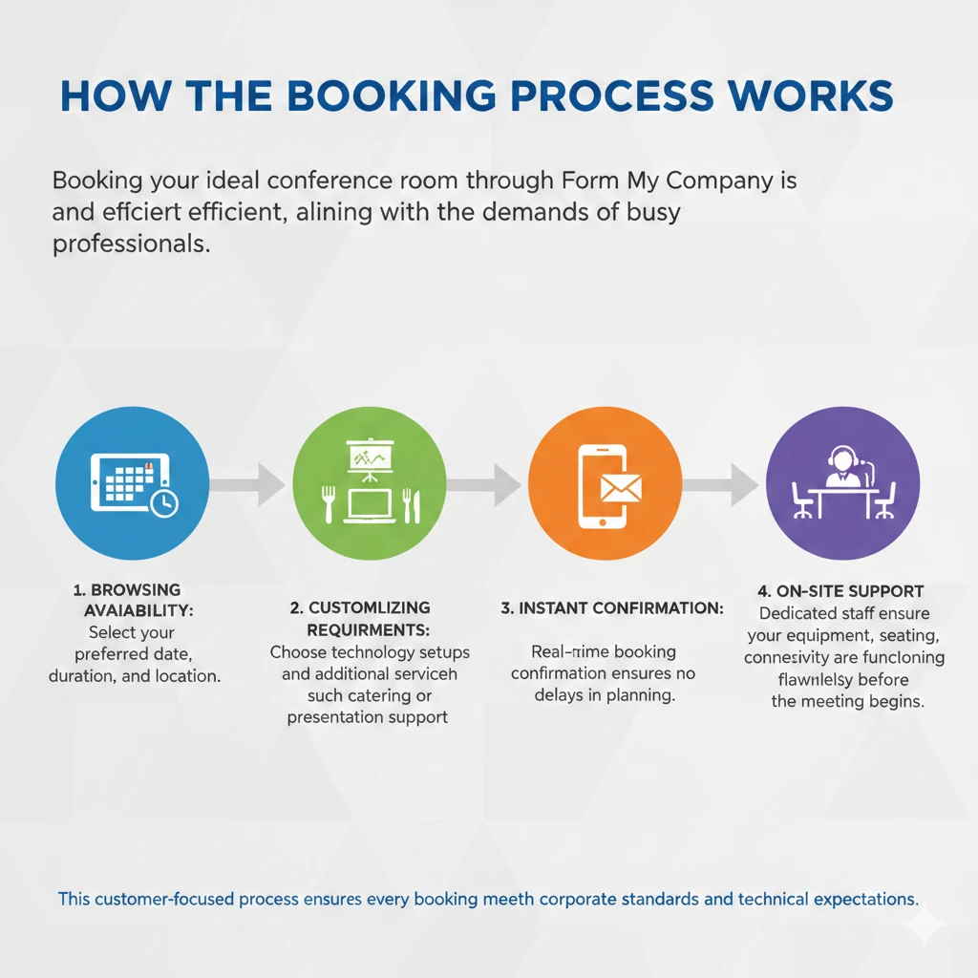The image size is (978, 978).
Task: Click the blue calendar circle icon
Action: click(x=132, y=482)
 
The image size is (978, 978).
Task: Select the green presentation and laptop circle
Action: click(x=369, y=482)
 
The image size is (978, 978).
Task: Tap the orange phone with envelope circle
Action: click(x=605, y=482)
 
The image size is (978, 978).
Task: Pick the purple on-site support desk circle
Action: click(x=842, y=482)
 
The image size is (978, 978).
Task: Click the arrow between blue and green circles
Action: click(x=248, y=484)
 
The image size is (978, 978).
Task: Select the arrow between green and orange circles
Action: click(x=485, y=484)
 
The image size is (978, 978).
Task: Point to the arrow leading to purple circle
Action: click(x=722, y=484)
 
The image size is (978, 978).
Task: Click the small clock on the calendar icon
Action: click(x=164, y=504)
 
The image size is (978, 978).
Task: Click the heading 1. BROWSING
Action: click(x=127, y=590)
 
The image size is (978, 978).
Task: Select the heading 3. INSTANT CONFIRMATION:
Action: click(x=612, y=608)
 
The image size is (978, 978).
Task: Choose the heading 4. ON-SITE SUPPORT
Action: click(x=841, y=591)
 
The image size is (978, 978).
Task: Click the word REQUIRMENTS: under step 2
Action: click(x=368, y=629)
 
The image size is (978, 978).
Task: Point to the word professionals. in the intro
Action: click(x=131, y=244)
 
